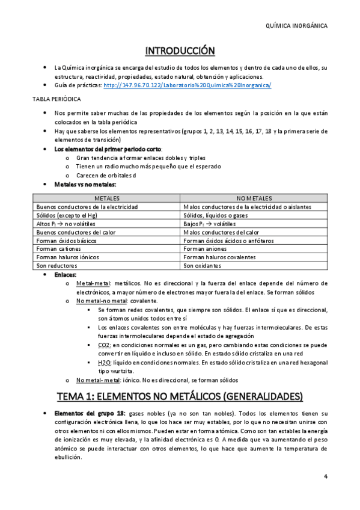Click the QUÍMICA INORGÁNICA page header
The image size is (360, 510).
[x=296, y=26]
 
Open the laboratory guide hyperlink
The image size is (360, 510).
[x=187, y=85]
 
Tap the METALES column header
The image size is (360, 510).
[x=106, y=198]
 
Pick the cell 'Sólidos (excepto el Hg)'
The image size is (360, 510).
[x=66, y=215]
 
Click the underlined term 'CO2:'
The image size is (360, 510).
[x=103, y=345]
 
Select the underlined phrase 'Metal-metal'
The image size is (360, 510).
[x=93, y=283]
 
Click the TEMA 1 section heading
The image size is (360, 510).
[x=180, y=397]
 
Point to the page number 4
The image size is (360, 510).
[x=325, y=478]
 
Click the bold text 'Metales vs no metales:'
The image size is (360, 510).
[x=85, y=185]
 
